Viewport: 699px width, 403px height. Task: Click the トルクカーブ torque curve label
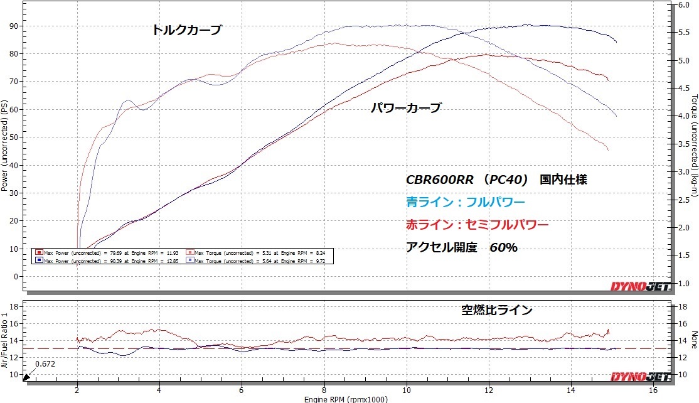(187, 30)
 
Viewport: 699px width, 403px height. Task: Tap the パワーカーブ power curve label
(405, 108)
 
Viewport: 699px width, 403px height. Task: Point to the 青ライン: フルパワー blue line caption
(465, 202)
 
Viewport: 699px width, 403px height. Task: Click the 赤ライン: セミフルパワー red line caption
(477, 225)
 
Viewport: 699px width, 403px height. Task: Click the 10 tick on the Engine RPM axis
(407, 389)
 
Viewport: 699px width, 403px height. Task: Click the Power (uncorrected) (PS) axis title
(4, 146)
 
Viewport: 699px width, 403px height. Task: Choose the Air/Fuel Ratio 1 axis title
(4, 339)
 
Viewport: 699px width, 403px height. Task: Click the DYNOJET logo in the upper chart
(641, 287)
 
